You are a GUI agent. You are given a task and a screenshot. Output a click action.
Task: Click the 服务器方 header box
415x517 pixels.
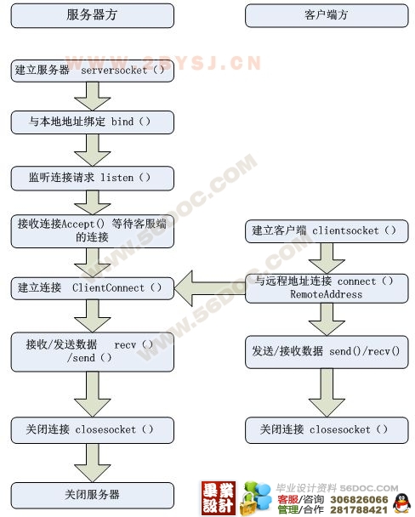click(x=93, y=15)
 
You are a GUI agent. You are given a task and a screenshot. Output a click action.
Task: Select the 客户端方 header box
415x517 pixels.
click(x=327, y=15)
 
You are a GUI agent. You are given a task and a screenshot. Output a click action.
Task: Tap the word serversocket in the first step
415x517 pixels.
click(x=114, y=71)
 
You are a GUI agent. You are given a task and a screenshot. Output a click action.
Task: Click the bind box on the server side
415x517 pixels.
click(x=93, y=122)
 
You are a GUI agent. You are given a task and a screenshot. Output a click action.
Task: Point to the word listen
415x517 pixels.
click(x=117, y=178)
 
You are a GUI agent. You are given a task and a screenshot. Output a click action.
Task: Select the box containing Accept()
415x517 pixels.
click(x=93, y=231)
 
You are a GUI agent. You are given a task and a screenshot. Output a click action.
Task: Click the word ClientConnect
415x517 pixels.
click(x=108, y=288)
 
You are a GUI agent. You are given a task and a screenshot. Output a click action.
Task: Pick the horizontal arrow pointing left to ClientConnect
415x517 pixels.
click(x=210, y=288)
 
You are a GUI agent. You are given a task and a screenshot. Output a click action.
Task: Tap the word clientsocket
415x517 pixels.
click(x=345, y=230)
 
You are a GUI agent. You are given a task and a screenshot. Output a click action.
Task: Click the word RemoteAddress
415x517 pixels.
click(x=326, y=294)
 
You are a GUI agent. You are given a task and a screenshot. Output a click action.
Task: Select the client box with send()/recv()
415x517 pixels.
click(x=327, y=352)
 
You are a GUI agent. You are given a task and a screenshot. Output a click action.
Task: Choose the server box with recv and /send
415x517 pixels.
click(x=93, y=352)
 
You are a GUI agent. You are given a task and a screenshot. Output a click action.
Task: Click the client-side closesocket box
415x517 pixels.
click(x=327, y=430)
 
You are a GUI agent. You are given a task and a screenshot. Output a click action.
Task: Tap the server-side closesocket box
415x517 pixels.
click(x=93, y=430)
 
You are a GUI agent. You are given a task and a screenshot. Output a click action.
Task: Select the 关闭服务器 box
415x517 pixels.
click(x=93, y=495)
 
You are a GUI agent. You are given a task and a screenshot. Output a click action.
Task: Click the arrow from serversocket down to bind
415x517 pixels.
click(x=93, y=96)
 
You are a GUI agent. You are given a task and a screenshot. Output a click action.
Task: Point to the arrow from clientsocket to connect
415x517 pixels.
click(x=327, y=258)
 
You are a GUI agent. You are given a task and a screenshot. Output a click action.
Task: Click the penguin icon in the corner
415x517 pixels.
click(x=401, y=503)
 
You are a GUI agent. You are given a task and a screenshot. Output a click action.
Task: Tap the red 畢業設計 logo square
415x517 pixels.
click(x=219, y=498)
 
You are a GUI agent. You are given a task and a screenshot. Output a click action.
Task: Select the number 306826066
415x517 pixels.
click(x=359, y=500)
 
